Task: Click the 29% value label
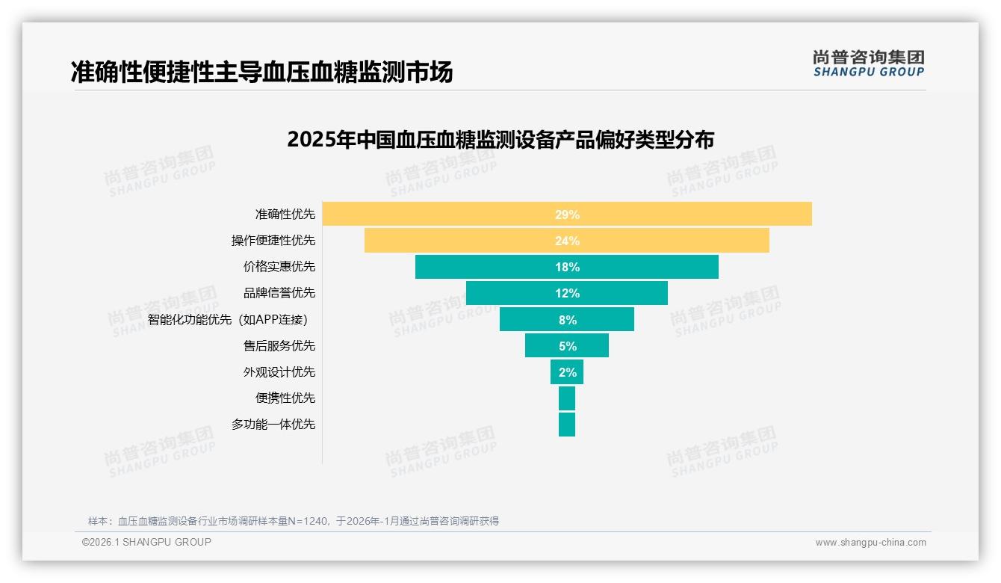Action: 567,215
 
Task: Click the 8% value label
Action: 567,320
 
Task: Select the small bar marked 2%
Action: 567,372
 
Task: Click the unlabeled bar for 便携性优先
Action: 567,398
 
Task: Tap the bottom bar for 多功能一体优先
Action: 567,425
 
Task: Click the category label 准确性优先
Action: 285,215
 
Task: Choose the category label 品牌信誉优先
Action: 279,293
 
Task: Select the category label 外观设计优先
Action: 279,372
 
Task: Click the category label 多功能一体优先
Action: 273,425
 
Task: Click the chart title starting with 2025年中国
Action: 500,140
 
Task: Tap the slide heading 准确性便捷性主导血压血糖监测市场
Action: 261,72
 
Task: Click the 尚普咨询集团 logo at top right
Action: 868,64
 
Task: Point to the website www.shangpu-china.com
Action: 870,543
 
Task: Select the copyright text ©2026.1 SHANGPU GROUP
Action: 146,542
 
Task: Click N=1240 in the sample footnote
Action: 309,521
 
